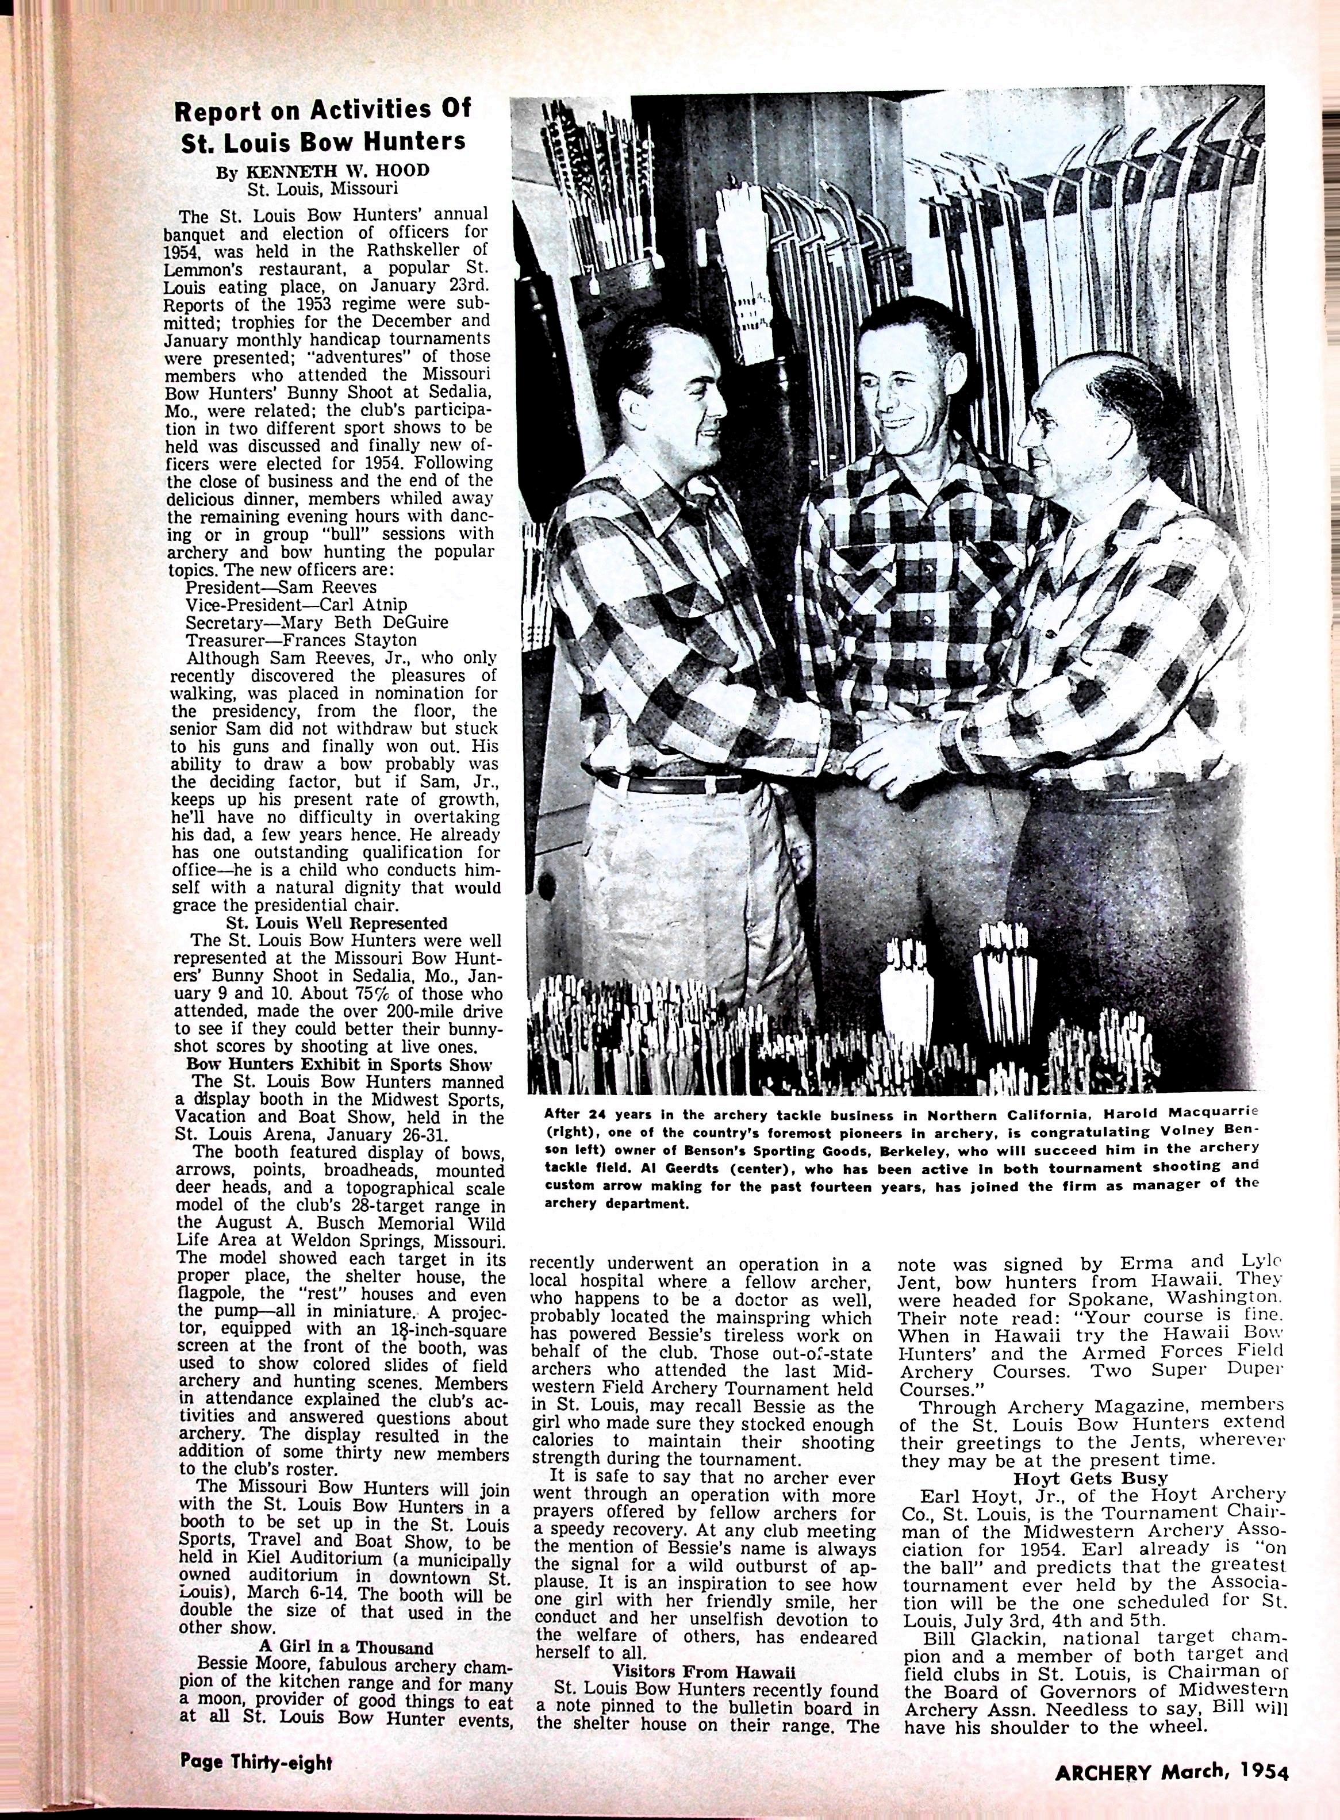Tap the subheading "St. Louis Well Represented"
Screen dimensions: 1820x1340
(336, 923)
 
